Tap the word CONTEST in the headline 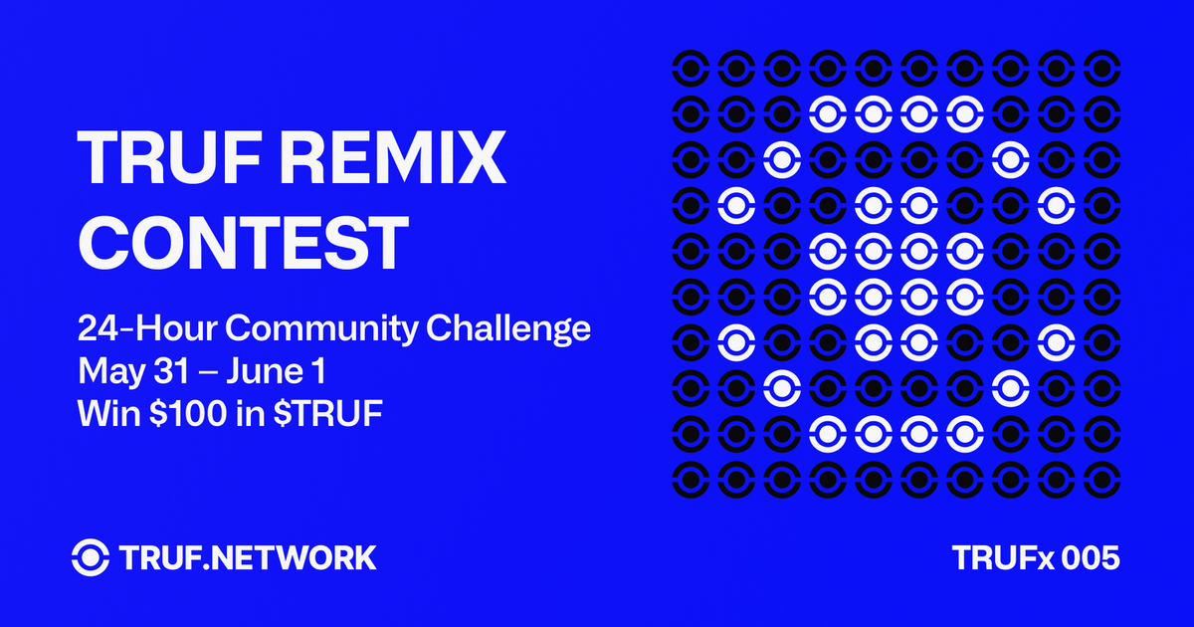pos(244,239)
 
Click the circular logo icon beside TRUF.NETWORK pos(92,556)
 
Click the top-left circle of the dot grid pos(689,69)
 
